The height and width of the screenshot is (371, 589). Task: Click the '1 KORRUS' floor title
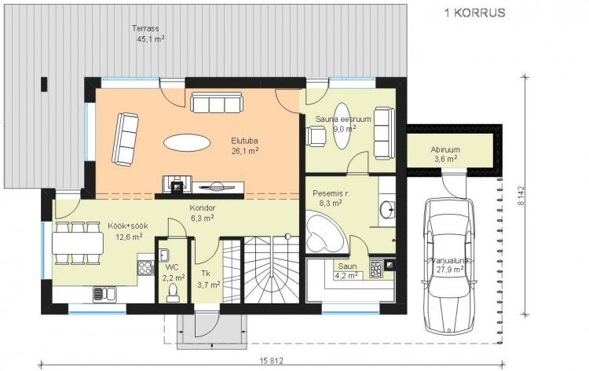tap(475, 13)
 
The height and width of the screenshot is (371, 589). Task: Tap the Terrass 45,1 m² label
tap(148, 33)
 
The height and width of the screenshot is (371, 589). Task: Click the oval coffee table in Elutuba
tap(187, 143)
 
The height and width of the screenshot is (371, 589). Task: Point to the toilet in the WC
tap(173, 293)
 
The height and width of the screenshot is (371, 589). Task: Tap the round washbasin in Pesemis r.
tap(387, 209)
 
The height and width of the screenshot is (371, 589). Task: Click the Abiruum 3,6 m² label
tap(445, 154)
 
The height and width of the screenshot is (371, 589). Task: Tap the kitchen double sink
tap(104, 294)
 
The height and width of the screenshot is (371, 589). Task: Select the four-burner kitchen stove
tap(146, 268)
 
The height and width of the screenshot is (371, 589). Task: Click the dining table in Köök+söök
tap(78, 243)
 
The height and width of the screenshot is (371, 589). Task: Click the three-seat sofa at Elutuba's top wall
tap(217, 102)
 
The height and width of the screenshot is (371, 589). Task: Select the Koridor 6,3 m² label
tap(202, 212)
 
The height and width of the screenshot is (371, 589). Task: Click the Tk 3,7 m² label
tap(208, 279)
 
